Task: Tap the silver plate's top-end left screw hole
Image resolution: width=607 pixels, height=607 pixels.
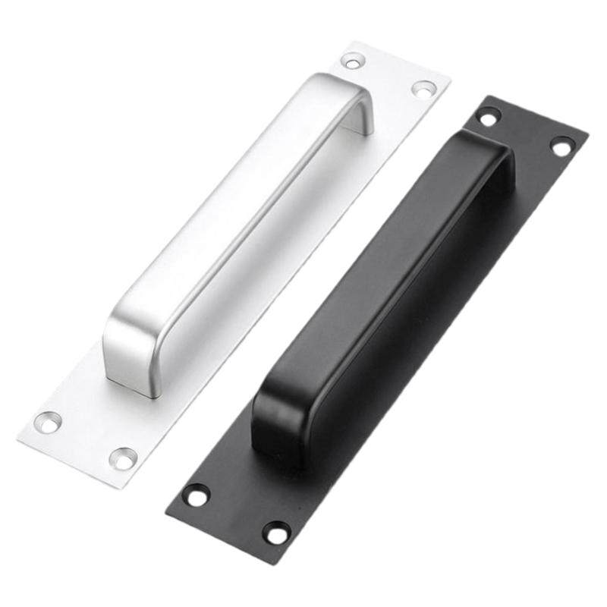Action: [x=353, y=61]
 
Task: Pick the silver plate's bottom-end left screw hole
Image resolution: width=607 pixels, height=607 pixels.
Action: [x=48, y=422]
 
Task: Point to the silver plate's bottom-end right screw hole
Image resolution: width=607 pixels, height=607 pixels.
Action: [x=123, y=458]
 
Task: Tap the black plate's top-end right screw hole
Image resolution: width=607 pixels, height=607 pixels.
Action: [x=562, y=146]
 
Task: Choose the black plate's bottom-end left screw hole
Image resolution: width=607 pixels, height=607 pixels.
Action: [x=197, y=495]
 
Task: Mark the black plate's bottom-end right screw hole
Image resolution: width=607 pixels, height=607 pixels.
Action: [x=276, y=532]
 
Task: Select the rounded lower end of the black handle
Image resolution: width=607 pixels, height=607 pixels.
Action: [x=281, y=425]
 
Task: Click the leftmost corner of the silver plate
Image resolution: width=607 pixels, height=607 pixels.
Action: [x=18, y=439]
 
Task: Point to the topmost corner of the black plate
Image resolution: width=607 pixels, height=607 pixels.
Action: [x=493, y=96]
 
